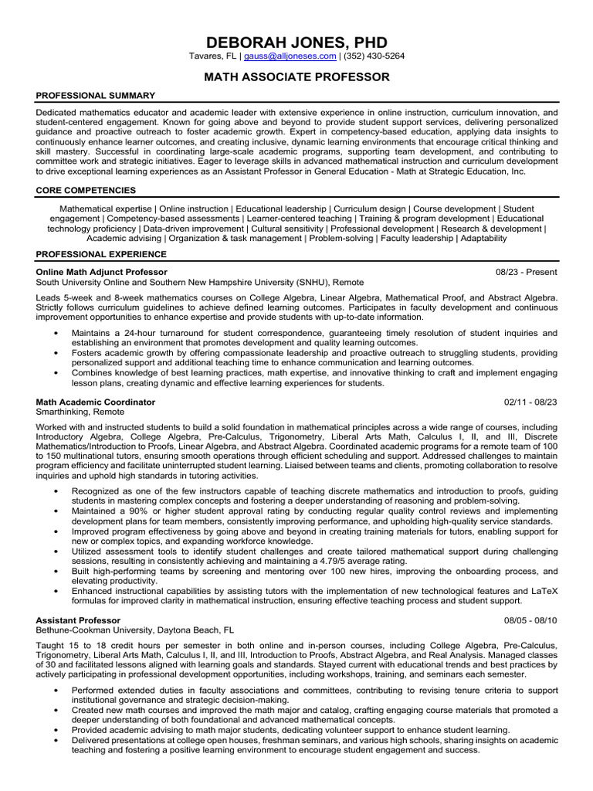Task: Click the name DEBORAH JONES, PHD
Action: pos(296,42)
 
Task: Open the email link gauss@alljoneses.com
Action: pos(290,56)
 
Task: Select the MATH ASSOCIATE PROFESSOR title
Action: pos(296,76)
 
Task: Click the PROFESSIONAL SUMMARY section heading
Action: pos(96,95)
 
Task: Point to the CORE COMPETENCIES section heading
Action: pos(86,190)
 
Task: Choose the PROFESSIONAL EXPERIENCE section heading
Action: pos(100,253)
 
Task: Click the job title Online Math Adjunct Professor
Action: pos(101,273)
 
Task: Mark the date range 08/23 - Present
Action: pos(526,273)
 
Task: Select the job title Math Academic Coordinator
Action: pos(96,402)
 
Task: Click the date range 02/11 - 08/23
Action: pos(530,402)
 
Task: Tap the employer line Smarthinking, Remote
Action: pos(80,412)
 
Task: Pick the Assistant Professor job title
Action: pos(78,620)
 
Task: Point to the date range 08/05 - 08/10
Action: pos(530,620)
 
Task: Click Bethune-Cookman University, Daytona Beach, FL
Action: pos(135,630)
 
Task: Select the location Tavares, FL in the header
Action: pos(213,56)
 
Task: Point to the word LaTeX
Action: pos(542,590)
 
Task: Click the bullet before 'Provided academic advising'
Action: pos(56,730)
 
